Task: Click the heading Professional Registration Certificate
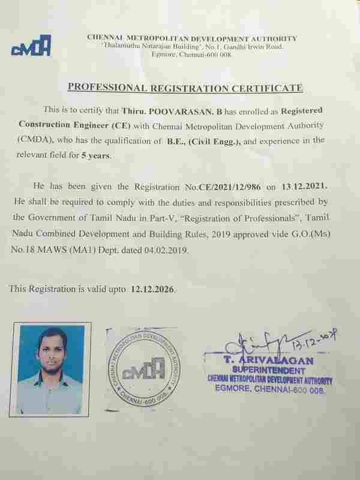tap(185, 88)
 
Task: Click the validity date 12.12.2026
tap(152, 289)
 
